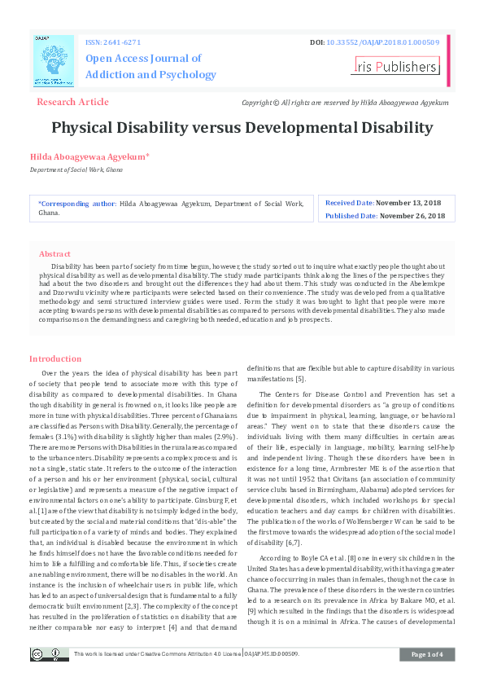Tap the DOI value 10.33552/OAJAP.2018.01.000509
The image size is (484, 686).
point(384,41)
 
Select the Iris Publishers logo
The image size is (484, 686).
point(395,66)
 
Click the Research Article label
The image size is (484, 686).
point(72,102)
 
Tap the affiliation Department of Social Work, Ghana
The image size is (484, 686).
point(76,169)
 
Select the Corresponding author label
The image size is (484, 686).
point(77,203)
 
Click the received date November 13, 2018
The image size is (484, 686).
point(408,202)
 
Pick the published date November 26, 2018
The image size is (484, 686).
point(412,216)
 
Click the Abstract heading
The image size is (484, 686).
point(55,254)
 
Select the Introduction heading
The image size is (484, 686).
point(55,358)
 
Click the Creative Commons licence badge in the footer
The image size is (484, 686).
point(49,654)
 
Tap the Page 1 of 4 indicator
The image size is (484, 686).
point(427,654)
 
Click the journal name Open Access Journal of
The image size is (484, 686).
point(143,59)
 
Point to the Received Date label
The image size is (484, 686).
point(350,202)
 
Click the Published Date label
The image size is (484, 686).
point(351,216)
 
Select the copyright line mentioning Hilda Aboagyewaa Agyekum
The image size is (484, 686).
point(345,103)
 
